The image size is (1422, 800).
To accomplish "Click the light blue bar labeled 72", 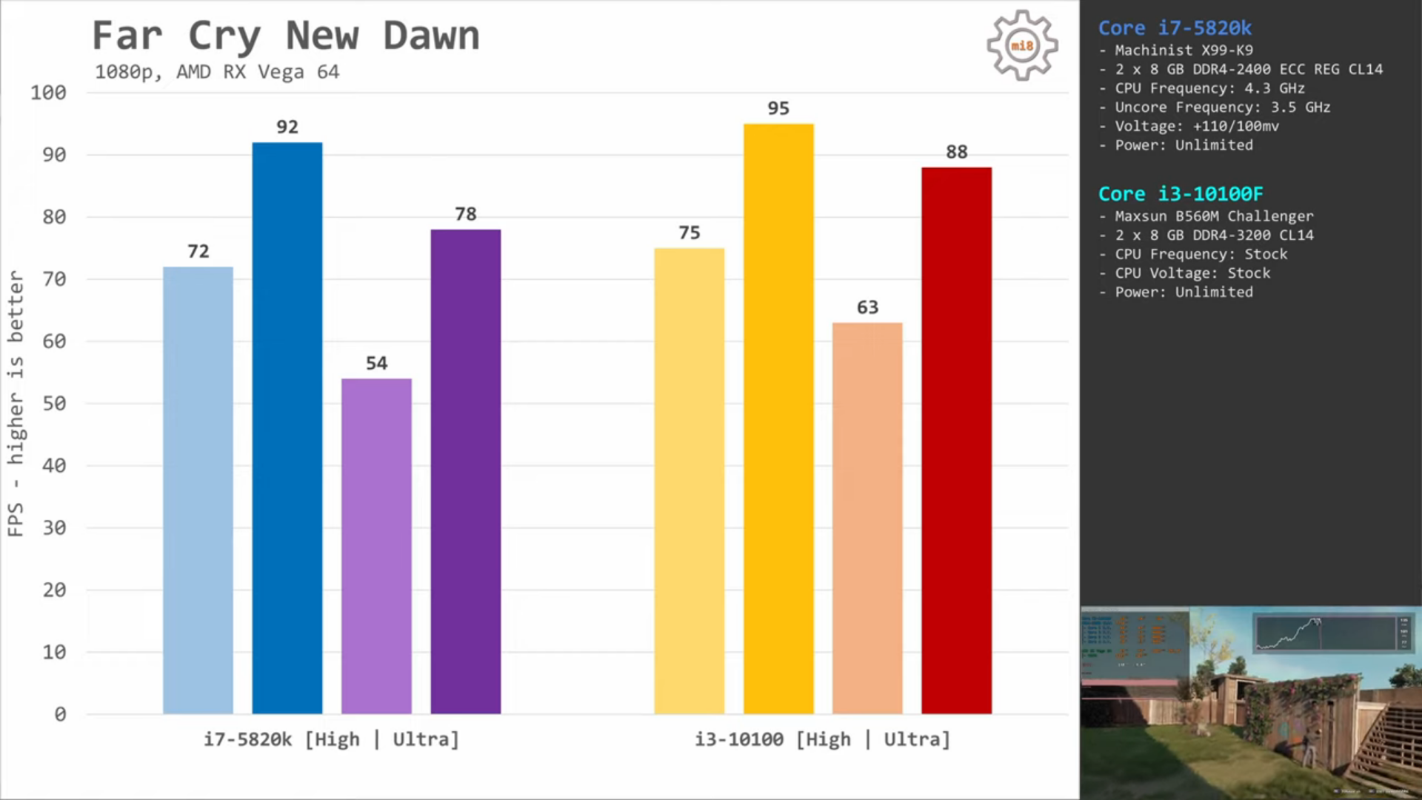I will pyautogui.click(x=198, y=490).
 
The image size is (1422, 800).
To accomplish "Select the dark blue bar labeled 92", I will pyautogui.click(x=287, y=428).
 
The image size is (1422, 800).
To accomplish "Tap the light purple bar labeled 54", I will pyautogui.click(x=376, y=546).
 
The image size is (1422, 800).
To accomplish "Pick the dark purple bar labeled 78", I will pyautogui.click(x=465, y=471).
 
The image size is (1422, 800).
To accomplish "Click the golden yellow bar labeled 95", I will pyautogui.click(x=778, y=419).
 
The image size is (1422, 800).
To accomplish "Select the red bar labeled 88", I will pyautogui.click(x=956, y=441).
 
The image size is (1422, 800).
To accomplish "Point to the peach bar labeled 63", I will pyautogui.click(x=867, y=518).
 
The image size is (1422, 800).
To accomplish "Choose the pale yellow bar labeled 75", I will pyautogui.click(x=689, y=481).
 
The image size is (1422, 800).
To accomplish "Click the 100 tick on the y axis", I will pyautogui.click(x=48, y=93).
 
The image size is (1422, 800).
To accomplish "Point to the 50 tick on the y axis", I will pyautogui.click(x=54, y=404).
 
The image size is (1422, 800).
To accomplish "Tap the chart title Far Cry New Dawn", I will pyautogui.click(x=286, y=36).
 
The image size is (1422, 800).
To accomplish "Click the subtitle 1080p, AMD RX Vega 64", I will pyautogui.click(x=217, y=72).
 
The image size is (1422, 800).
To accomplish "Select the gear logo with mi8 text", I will pyautogui.click(x=1022, y=45).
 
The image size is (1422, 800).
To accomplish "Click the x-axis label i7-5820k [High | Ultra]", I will pyautogui.click(x=331, y=739).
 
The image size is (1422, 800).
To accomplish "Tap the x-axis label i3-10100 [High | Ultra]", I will pyautogui.click(x=822, y=739).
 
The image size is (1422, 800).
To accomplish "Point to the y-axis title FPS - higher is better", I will pyautogui.click(x=16, y=403).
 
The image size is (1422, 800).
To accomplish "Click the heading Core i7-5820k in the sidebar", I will pyautogui.click(x=1175, y=28).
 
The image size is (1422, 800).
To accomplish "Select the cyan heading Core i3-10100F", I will pyautogui.click(x=1181, y=194).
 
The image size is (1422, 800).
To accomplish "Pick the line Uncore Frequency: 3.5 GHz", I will pyautogui.click(x=1222, y=107).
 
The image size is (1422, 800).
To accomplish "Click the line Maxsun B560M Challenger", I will pyautogui.click(x=1214, y=216).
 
